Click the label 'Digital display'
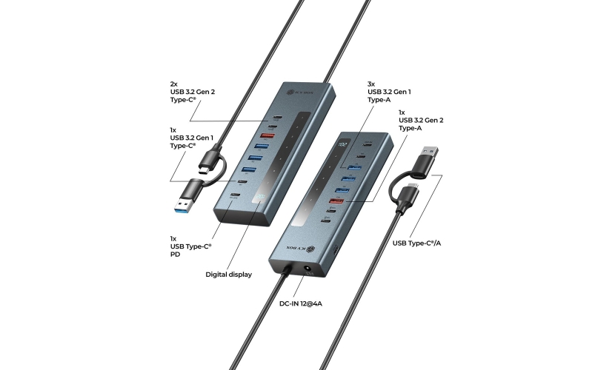pyautogui.click(x=228, y=274)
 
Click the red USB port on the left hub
pyautogui.click(x=267, y=135)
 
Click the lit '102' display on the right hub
pyautogui.click(x=342, y=146)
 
